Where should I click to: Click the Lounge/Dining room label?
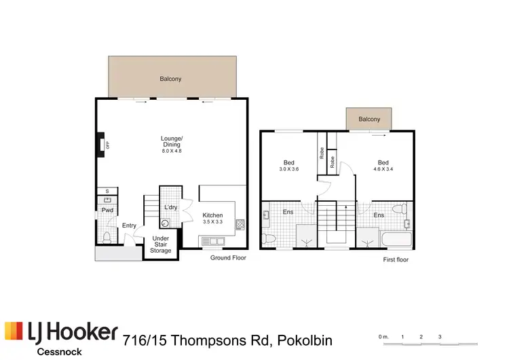pos(172,144)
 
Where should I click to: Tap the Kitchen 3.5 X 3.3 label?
pos(212,218)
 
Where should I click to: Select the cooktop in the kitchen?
pos(240,224)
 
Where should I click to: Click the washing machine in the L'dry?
pos(166,222)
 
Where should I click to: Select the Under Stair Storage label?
pos(161,244)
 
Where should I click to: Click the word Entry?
pos(129,226)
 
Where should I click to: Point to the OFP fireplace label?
pos(107,144)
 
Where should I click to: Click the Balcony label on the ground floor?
pos(170,79)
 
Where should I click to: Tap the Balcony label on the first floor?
pos(369,120)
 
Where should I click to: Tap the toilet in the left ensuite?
pos(269,238)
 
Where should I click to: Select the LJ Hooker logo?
pos(62,333)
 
